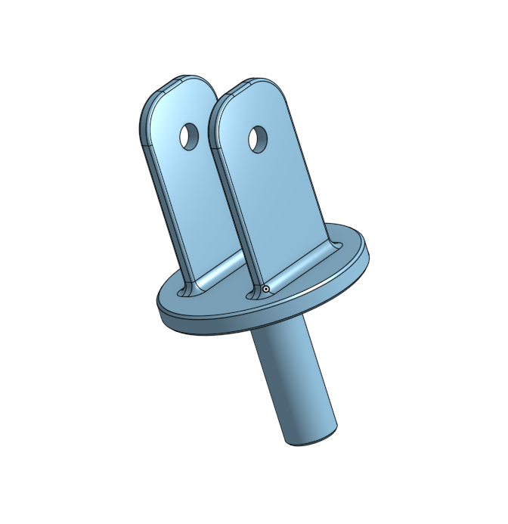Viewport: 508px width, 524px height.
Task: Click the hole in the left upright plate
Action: point(187,136)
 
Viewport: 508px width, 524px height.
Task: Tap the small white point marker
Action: point(267,288)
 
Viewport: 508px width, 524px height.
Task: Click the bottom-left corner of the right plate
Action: point(252,293)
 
